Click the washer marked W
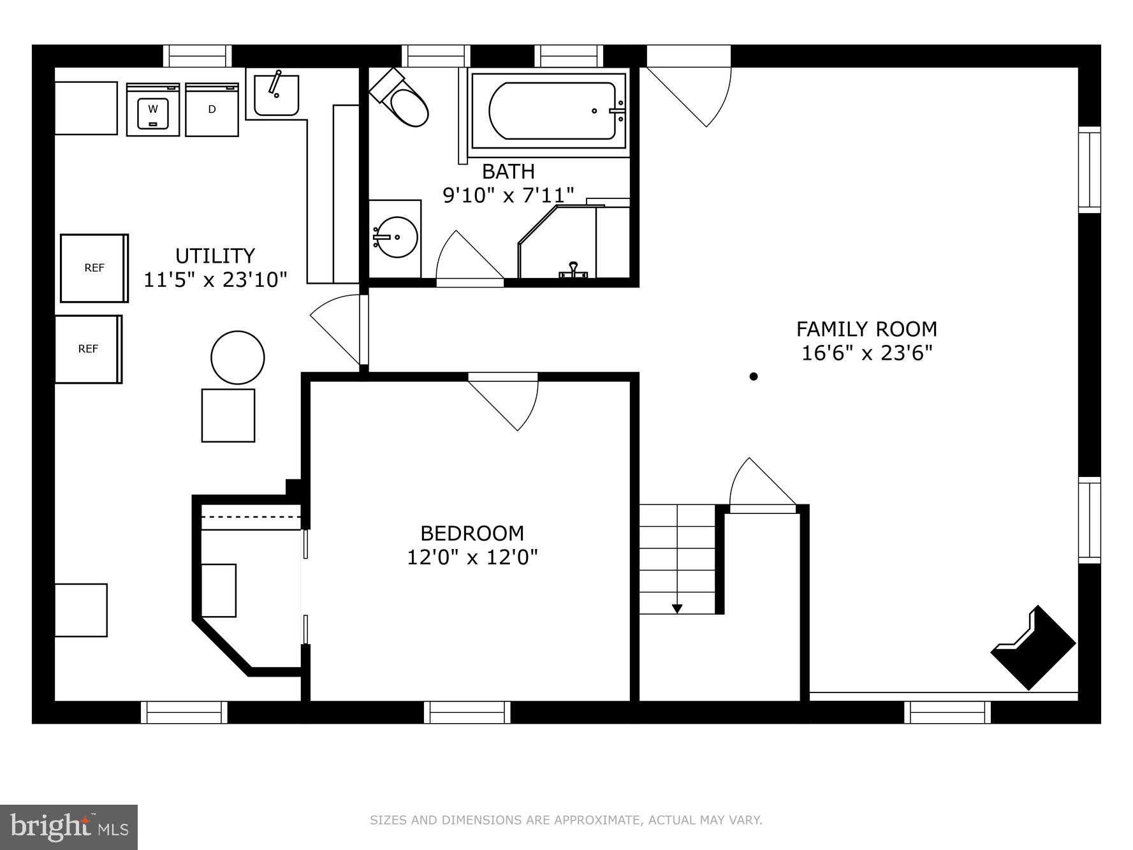pyautogui.click(x=152, y=109)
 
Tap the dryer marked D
pyautogui.click(x=212, y=110)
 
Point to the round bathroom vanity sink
pyautogui.click(x=395, y=237)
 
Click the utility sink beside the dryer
pyautogui.click(x=275, y=94)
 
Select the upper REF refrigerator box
pyautogui.click(x=94, y=268)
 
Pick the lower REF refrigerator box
pyautogui.click(x=88, y=349)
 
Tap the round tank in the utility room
pyautogui.click(x=238, y=358)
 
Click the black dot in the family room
pyautogui.click(x=754, y=376)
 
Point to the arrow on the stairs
pyautogui.click(x=677, y=608)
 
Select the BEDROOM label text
pyautogui.click(x=472, y=533)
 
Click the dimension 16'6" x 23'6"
pyautogui.click(x=866, y=353)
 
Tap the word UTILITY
pyautogui.click(x=215, y=256)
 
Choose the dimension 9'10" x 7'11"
pyautogui.click(x=508, y=195)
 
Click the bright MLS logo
pyautogui.click(x=69, y=827)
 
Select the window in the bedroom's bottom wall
pyautogui.click(x=467, y=712)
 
